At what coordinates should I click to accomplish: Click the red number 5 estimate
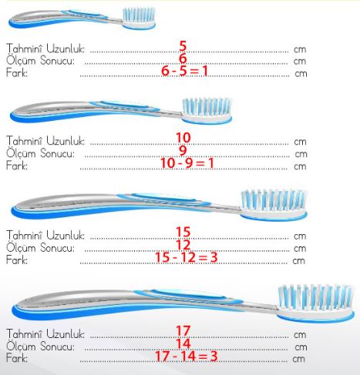(x=183, y=46)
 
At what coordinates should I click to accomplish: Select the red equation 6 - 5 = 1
(x=184, y=71)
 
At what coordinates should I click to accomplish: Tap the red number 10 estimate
(x=183, y=138)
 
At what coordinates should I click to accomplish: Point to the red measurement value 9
(x=183, y=150)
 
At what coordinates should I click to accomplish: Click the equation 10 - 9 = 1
(x=187, y=163)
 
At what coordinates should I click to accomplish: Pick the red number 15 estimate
(x=183, y=232)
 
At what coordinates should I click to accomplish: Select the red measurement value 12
(x=183, y=244)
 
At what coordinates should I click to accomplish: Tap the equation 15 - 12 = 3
(x=187, y=257)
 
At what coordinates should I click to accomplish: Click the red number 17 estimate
(x=183, y=330)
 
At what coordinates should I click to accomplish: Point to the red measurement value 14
(x=183, y=343)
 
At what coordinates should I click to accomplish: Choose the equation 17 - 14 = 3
(x=187, y=356)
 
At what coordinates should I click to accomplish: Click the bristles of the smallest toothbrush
(x=139, y=15)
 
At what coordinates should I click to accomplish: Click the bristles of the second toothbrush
(x=207, y=106)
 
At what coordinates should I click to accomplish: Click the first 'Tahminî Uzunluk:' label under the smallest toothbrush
(x=45, y=49)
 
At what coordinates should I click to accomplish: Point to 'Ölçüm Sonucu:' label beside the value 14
(x=40, y=347)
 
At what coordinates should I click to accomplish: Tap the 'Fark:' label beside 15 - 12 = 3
(x=17, y=260)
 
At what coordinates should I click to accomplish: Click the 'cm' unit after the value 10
(x=300, y=142)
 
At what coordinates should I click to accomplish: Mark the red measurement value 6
(x=183, y=59)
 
